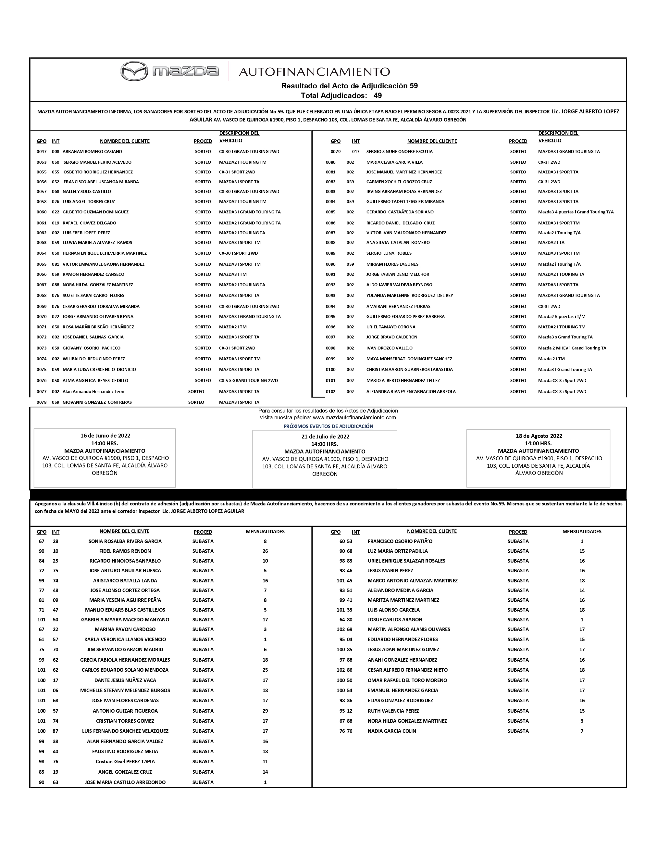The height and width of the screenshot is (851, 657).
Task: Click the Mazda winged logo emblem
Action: coord(134,71)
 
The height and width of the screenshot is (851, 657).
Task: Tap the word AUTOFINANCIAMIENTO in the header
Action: coord(314,72)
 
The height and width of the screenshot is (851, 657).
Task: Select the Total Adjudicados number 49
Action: coord(378,95)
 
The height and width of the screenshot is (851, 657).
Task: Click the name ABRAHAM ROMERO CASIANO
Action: coord(92,152)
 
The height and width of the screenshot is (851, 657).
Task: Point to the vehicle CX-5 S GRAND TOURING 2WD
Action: coord(248,380)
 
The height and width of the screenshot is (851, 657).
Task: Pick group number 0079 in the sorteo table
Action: coord(335,152)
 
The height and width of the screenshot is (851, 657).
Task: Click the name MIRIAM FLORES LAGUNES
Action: coord(392,264)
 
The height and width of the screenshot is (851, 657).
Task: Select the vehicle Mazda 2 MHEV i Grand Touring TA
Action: coord(572,348)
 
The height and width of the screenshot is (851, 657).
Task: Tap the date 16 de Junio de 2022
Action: coord(105,436)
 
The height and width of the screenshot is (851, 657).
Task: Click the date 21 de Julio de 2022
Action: coord(325,437)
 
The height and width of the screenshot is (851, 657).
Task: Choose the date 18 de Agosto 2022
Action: coord(539,436)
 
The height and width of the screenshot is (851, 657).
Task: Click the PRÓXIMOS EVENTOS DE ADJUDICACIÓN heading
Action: coord(328,426)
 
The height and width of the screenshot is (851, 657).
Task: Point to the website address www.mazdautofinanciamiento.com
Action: coord(354,417)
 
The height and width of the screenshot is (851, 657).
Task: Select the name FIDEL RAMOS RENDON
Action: coord(125,551)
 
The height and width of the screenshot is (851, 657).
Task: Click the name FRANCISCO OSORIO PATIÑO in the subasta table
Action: coord(400,541)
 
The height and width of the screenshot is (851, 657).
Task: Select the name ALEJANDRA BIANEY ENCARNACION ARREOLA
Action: coord(411,392)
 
